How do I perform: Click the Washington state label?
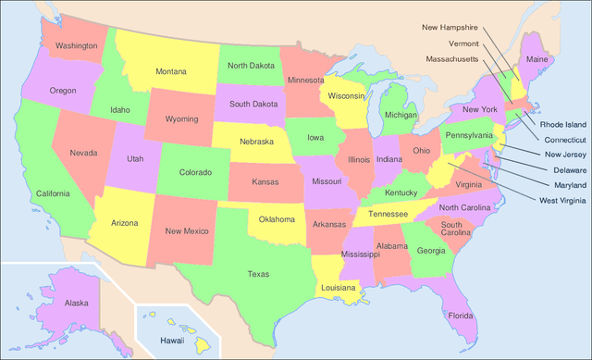(x=76, y=45)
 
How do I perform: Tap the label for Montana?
(x=170, y=71)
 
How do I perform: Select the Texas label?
(x=258, y=274)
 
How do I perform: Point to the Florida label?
(x=461, y=315)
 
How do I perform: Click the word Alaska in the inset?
(x=76, y=303)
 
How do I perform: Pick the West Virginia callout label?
(x=562, y=201)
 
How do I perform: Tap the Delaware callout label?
(x=564, y=170)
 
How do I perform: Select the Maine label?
(x=536, y=60)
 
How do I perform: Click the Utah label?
(x=135, y=158)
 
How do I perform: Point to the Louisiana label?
(x=339, y=288)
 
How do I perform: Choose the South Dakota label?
(x=253, y=104)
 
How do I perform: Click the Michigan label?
(x=401, y=115)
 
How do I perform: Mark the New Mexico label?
(x=186, y=230)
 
